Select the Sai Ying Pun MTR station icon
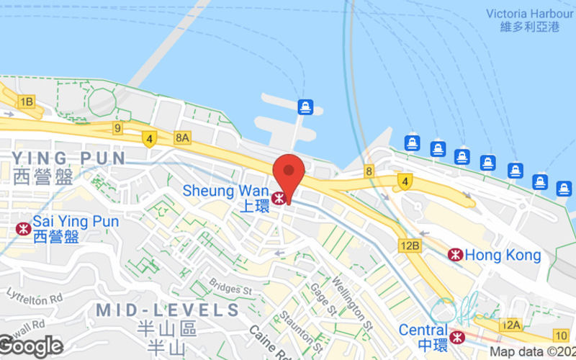tap(23, 228)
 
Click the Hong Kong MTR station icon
tap(455, 254)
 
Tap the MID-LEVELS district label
tap(167, 311)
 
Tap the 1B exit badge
tap(27, 102)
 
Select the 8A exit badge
tap(182, 137)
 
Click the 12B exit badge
tap(410, 246)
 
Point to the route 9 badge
tap(117, 127)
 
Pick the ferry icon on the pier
tap(305, 107)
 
